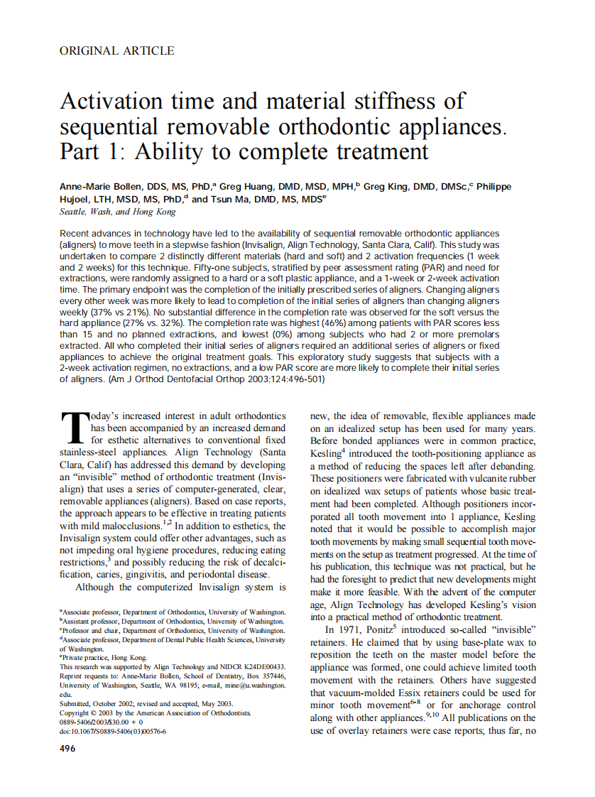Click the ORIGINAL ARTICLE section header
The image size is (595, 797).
117,50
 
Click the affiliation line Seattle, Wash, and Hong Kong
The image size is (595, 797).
118,212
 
